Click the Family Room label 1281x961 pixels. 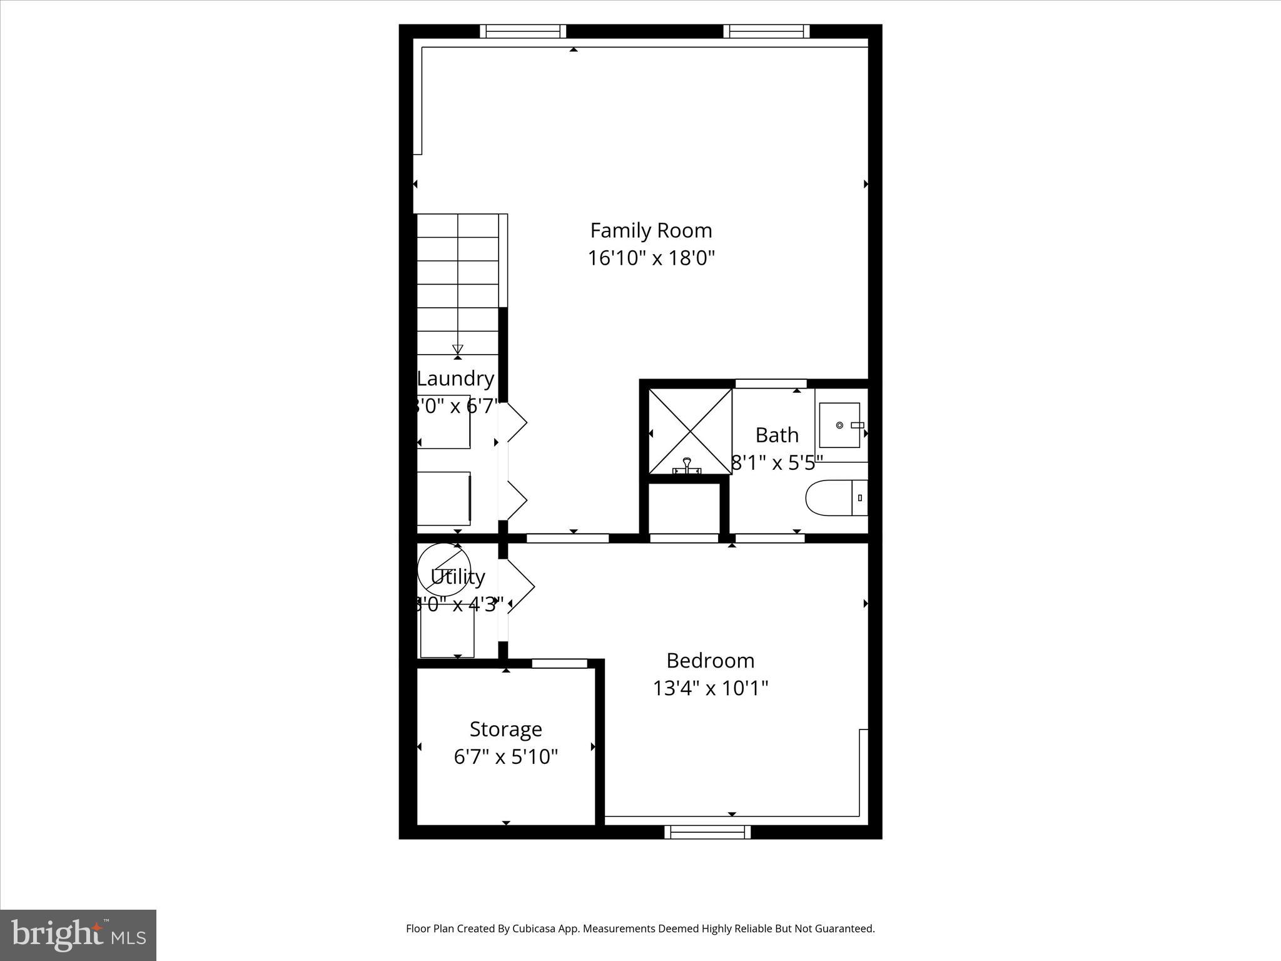pos(651,230)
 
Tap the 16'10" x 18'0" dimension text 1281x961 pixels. pos(651,258)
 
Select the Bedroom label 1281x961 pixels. pos(710,661)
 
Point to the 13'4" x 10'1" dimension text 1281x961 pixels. pos(710,688)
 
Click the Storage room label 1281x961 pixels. pos(505,729)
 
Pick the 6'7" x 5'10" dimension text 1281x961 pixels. pos(505,757)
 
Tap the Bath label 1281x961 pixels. pos(777,435)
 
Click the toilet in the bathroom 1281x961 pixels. pos(835,498)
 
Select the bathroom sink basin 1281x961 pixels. pos(839,425)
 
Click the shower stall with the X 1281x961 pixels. pos(690,430)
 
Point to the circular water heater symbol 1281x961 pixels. pos(443,571)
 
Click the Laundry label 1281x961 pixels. pos(455,379)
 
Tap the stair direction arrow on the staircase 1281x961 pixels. pos(457,349)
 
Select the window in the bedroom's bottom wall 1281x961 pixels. pos(707,832)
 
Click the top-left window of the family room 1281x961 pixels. pos(523,31)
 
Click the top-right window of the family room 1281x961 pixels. pos(766,31)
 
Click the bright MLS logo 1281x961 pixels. pos(78,935)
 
